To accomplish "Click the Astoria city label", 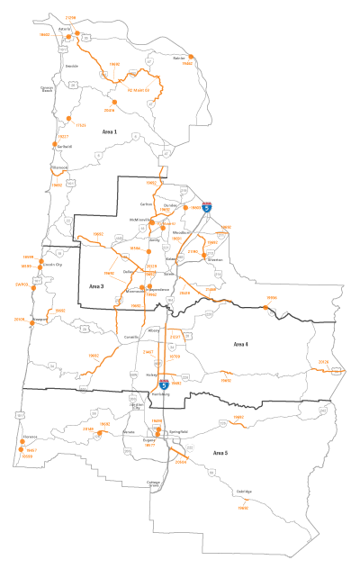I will tap(65, 28).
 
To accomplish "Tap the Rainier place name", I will tap(178, 58).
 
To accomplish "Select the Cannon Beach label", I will tap(47, 89).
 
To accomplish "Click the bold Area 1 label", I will tap(110, 132).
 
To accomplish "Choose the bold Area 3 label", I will tap(97, 285).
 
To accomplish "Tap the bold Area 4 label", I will tap(240, 344).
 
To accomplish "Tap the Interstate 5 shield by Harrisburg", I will tap(164, 383).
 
